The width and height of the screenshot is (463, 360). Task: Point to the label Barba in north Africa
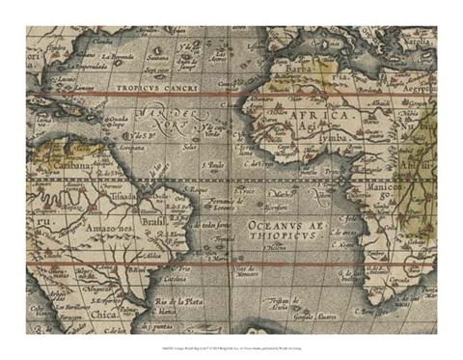coord(302,69)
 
